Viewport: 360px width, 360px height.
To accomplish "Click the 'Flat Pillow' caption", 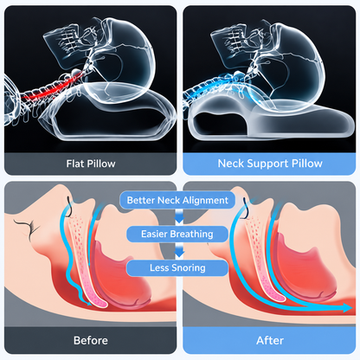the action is pos(91,164).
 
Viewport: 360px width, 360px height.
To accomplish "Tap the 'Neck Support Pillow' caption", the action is pos(270,164).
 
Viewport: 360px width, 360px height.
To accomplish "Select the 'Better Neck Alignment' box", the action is pos(177,200).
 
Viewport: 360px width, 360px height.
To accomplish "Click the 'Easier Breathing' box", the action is pos(177,234).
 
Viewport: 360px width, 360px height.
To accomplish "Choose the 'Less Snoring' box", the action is pos(177,268).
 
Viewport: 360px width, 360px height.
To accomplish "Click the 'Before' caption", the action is pos(91,340).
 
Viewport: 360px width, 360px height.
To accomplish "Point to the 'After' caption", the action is pos(270,340).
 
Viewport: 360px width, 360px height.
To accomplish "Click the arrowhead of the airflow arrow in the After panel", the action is pos(348,307).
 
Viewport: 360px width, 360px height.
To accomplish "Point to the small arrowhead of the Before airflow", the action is pos(89,302).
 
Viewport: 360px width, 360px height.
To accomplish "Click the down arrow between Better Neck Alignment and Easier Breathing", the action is pos(179,217).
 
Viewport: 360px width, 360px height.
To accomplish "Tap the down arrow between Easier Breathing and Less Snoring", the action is pos(179,251).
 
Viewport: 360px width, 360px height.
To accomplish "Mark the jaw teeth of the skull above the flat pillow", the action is pos(68,39).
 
